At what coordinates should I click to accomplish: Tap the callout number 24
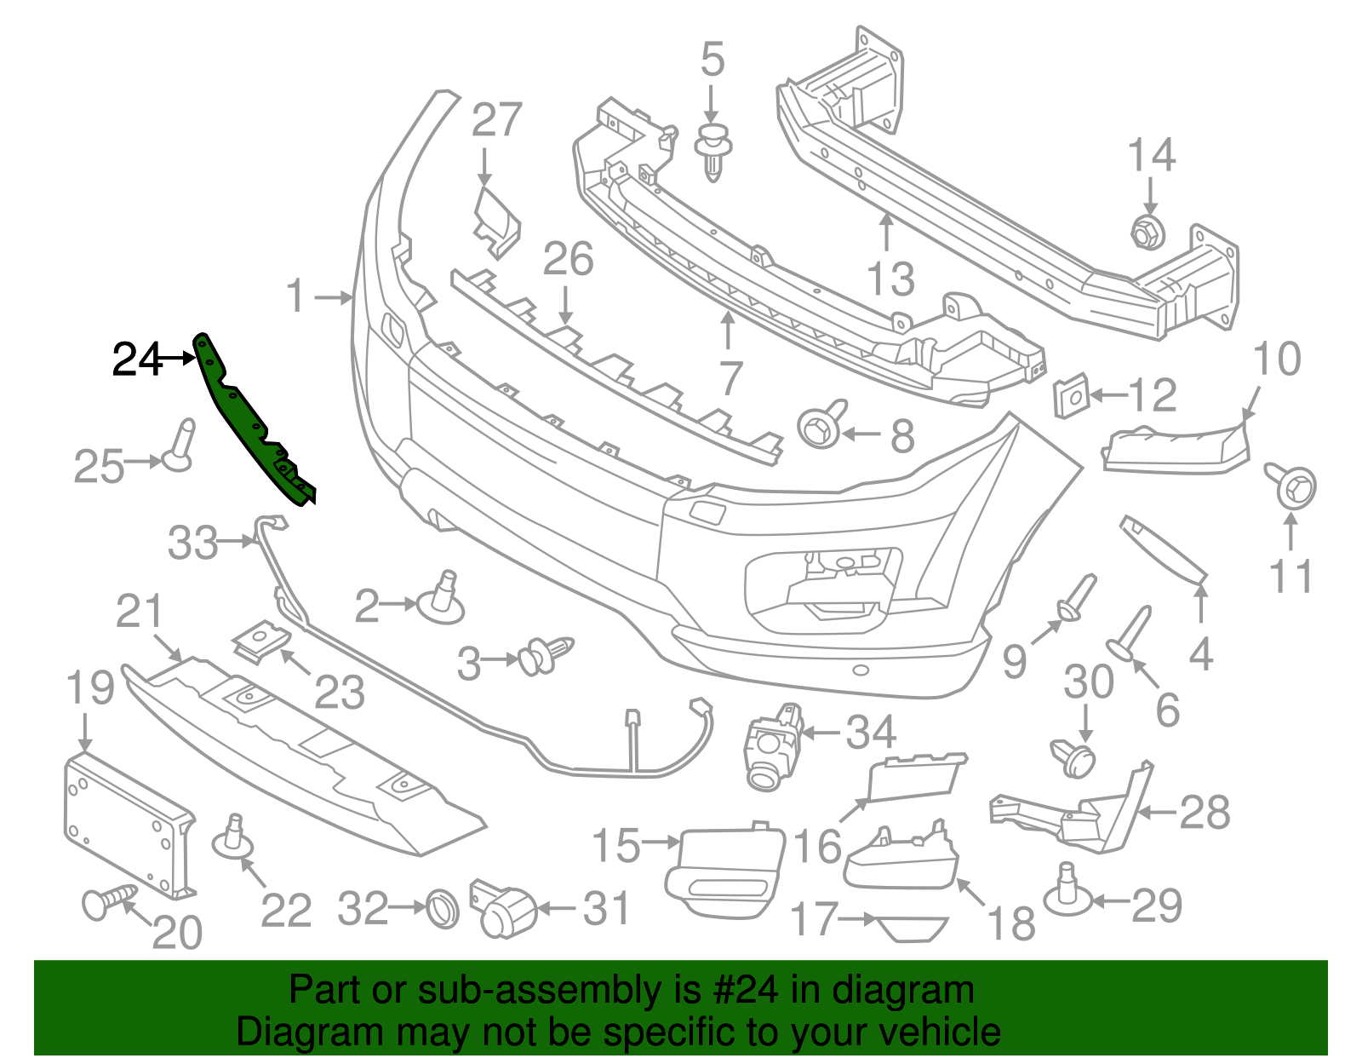click(x=136, y=359)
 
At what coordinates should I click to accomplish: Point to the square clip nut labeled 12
click(x=1072, y=396)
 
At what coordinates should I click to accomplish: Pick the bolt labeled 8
click(x=821, y=425)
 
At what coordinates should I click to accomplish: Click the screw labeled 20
click(x=107, y=900)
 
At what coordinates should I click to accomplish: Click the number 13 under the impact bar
click(x=890, y=279)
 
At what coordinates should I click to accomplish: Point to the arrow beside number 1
click(x=334, y=297)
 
